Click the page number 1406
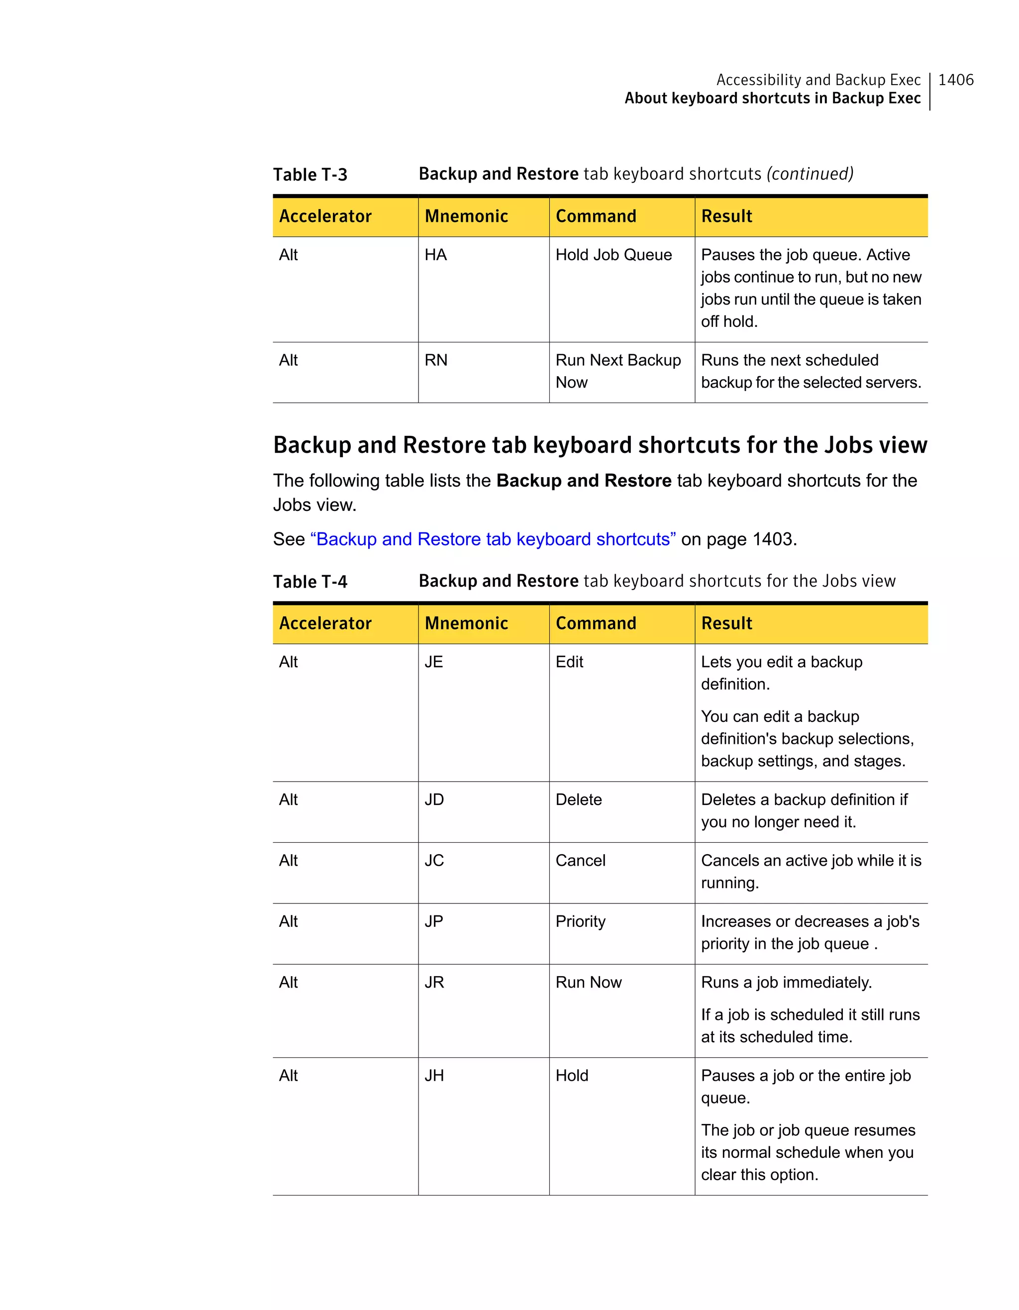tap(955, 80)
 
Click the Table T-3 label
tap(310, 175)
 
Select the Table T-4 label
tap(310, 582)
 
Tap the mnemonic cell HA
tap(435, 255)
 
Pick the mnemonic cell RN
tap(435, 361)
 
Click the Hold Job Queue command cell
tap(613, 255)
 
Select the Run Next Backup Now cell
tap(618, 371)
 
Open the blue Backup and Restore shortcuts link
tap(493, 539)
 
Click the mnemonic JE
tap(434, 662)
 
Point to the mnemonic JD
tap(434, 800)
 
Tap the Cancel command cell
tap(580, 861)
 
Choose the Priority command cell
tap(580, 922)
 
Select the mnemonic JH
tap(434, 1076)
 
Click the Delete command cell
tap(578, 800)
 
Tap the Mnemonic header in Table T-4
tap(466, 624)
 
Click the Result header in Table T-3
tap(726, 216)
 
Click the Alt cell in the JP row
tap(288, 922)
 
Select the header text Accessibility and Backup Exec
tap(818, 80)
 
